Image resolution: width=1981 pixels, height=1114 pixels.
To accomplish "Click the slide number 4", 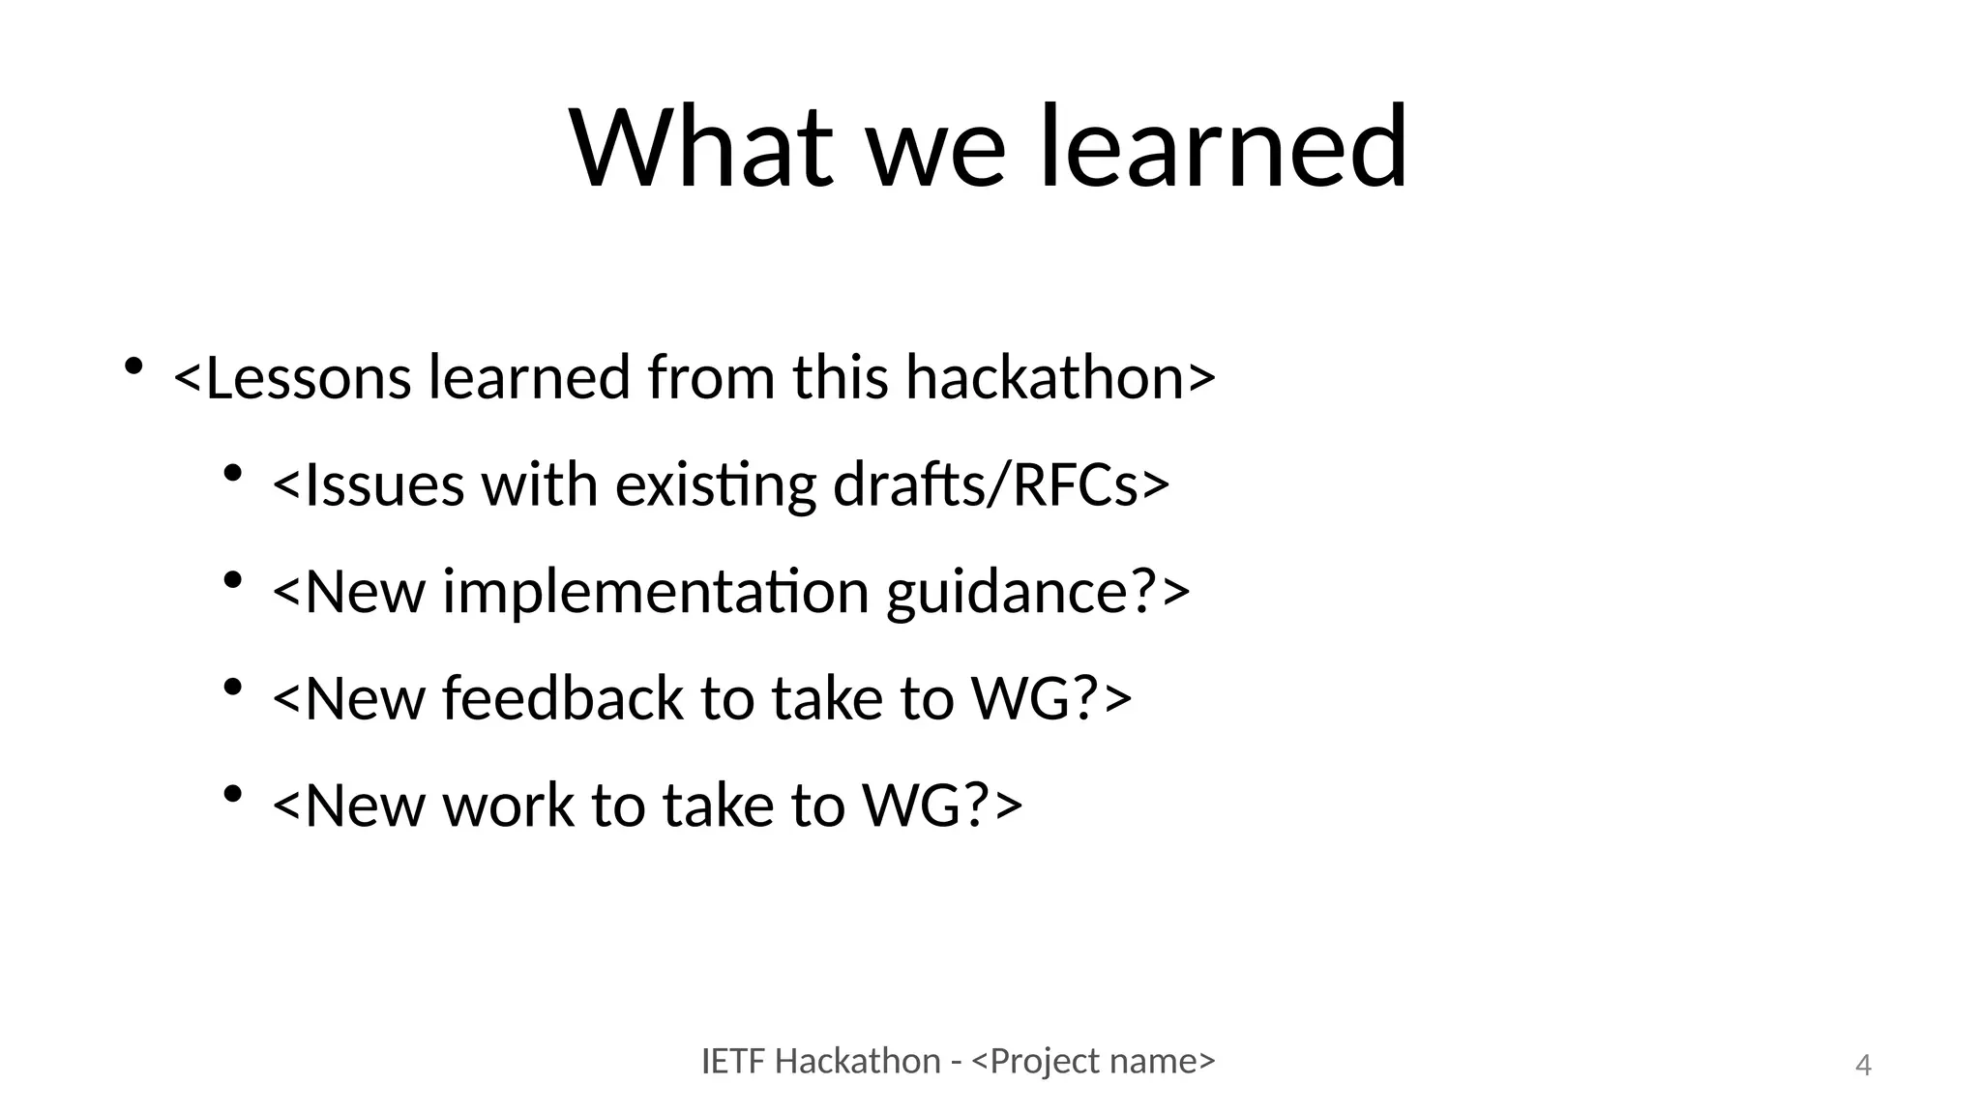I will (x=1863, y=1066).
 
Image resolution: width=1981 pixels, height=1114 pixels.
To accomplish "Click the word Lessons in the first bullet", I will (x=309, y=377).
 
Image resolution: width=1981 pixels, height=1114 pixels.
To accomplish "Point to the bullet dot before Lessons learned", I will (x=133, y=367).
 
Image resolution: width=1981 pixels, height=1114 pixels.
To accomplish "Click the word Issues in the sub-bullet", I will (x=384, y=484).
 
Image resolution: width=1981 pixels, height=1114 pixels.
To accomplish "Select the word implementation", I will (x=656, y=592).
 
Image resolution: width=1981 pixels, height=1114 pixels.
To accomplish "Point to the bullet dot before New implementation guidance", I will (x=232, y=581).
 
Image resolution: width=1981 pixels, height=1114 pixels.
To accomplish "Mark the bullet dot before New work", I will (x=232, y=795).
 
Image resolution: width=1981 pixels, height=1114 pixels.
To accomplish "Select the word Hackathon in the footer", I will (x=857, y=1062).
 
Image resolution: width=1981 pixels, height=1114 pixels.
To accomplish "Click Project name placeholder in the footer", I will (x=1092, y=1062).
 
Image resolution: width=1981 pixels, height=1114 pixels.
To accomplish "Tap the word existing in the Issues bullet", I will (x=716, y=484).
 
